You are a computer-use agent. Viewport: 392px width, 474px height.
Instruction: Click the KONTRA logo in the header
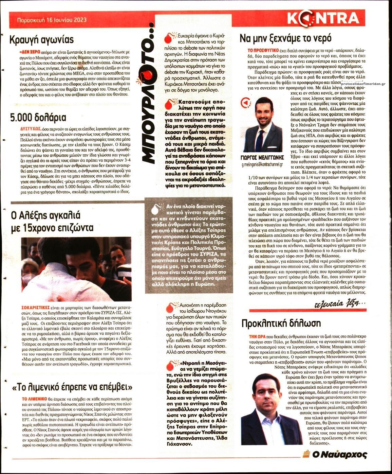[x=323, y=18]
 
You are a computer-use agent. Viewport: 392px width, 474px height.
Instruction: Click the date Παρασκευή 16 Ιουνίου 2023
[x=52, y=20]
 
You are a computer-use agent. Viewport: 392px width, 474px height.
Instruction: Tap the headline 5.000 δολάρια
[x=38, y=118]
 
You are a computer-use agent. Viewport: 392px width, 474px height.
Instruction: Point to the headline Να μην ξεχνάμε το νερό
[x=285, y=38]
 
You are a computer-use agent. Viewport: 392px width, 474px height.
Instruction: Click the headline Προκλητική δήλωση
[x=281, y=323]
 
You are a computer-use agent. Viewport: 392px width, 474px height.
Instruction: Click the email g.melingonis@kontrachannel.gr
[x=262, y=164]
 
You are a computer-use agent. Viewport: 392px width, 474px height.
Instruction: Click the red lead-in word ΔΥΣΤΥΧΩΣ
[x=31, y=129]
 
